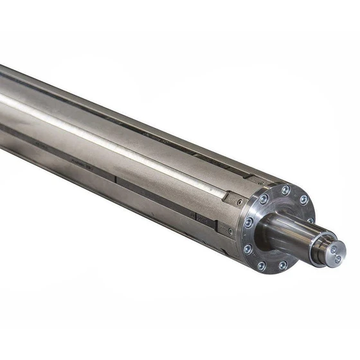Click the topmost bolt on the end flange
point(285,190)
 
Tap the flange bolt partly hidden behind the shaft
point(310,221)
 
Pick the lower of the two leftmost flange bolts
point(248,248)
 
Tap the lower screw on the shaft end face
point(338,258)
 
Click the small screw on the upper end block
point(239,203)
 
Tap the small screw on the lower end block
point(230,230)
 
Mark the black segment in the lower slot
point(205,219)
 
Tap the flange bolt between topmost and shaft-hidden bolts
point(303,200)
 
